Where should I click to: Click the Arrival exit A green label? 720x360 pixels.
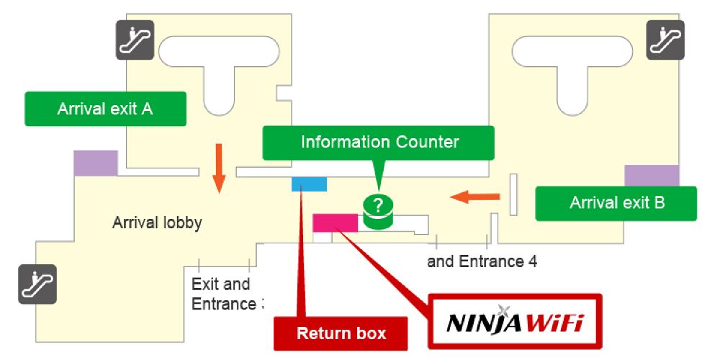105,109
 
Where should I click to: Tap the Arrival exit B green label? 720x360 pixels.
616,203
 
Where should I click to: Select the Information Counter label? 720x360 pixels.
379,143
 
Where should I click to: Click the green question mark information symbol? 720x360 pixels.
378,207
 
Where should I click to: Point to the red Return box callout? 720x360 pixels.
341,333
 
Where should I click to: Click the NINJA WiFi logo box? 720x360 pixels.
514,321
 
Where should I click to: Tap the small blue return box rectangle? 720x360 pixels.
309,184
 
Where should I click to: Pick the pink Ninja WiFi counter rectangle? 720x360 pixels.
335,222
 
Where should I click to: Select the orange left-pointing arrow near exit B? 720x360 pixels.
474,195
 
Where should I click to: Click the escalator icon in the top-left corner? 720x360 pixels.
135,40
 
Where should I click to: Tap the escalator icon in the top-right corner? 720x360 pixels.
665,40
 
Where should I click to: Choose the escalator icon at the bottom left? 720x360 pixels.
37,284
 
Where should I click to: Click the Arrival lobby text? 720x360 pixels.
157,223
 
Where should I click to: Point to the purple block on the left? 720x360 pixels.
96,163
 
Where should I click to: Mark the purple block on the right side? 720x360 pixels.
651,176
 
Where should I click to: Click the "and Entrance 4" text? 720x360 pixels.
482,261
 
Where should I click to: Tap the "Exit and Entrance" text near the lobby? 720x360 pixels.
222,294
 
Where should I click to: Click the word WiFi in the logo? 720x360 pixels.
555,322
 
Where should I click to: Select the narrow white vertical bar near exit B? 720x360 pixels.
514,194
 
